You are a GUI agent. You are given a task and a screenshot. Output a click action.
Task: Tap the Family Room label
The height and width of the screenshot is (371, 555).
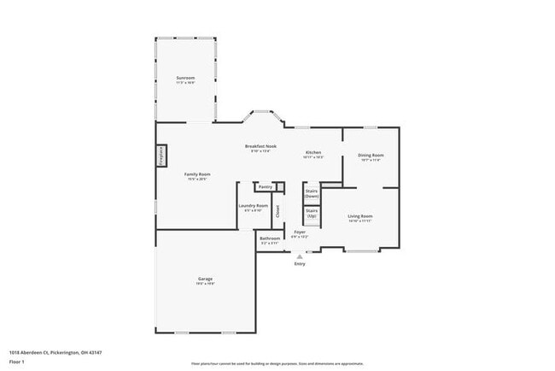coord(197,174)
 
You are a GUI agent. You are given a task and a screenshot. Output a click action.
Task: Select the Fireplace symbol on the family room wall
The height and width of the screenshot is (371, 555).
coord(161,156)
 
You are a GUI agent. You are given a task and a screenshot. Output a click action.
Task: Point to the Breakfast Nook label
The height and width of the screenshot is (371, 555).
coord(260,146)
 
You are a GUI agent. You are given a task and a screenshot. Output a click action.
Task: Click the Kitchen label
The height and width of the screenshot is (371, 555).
coord(313,153)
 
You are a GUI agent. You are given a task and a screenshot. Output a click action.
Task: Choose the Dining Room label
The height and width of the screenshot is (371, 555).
coord(371,156)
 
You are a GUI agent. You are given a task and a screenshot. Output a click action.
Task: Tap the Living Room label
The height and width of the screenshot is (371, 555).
coord(359,216)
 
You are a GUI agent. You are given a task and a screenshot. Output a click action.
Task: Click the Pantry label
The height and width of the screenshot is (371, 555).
coord(266,185)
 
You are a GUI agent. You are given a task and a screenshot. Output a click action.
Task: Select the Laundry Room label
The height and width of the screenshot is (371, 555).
coord(253,206)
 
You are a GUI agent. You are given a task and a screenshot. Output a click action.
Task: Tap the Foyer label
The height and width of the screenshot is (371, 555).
coord(300,232)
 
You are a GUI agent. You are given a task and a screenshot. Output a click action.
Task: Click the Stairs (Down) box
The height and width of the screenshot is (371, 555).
coord(312,194)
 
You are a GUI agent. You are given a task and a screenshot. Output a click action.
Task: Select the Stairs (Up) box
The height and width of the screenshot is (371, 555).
coord(312,213)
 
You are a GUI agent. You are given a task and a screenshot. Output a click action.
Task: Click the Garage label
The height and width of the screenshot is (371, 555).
coord(206,279)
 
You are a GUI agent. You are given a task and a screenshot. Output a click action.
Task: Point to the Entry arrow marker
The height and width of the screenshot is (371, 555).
coord(300,255)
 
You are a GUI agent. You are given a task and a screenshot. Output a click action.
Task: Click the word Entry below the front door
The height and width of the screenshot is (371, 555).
coord(300,263)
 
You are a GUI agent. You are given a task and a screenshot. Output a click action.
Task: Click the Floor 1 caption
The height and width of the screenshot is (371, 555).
coord(16,362)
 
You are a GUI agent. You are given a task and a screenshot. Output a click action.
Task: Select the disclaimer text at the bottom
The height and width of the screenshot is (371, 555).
coord(277,362)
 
